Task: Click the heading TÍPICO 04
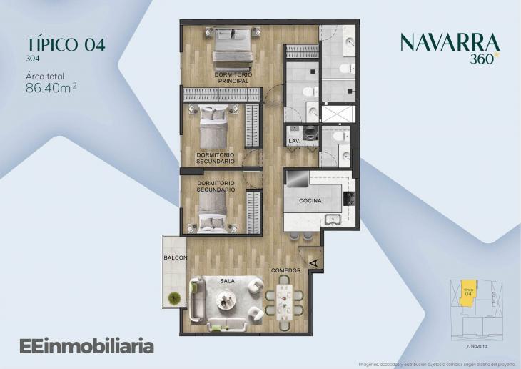pos(65,44)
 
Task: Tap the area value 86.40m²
pos(51,89)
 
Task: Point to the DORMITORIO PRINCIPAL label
pos(233,78)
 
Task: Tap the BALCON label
pos(175,257)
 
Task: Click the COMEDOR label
pos(285,270)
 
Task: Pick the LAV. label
pos(293,142)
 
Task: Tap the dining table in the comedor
pos(284,303)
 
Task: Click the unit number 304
pos(32,59)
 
